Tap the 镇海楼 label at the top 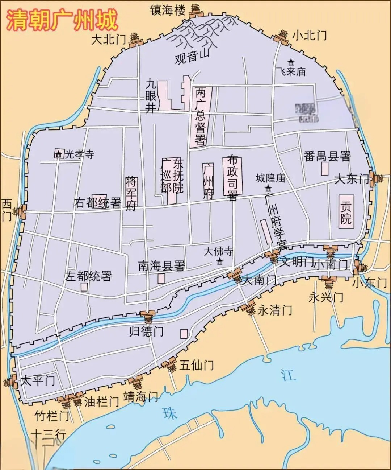(168, 10)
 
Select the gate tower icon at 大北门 (135, 40)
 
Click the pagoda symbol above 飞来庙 (291, 62)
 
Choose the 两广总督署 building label (200, 116)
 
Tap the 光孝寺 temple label (79, 154)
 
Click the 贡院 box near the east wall (346, 212)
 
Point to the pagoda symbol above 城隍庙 (268, 188)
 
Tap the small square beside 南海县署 (161, 279)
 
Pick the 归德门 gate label (146, 331)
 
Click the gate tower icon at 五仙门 (171, 365)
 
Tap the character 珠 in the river (170, 413)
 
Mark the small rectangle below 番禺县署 (325, 168)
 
